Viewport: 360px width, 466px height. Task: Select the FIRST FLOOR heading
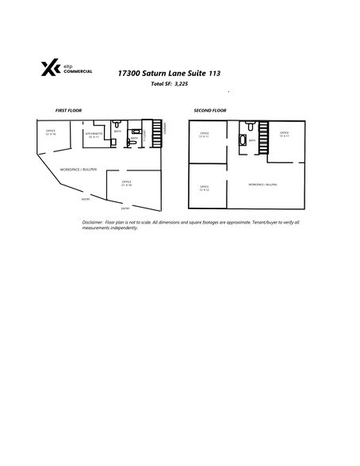pyautogui.click(x=68, y=110)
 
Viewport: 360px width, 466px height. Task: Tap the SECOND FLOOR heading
pyautogui.click(x=210, y=110)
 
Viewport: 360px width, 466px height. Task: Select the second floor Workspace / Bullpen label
pyautogui.click(x=262, y=183)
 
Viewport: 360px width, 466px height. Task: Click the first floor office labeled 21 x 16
pyautogui.click(x=126, y=183)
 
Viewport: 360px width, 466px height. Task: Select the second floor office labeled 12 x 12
pyautogui.click(x=204, y=188)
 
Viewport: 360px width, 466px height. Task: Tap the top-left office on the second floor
pyautogui.click(x=204, y=134)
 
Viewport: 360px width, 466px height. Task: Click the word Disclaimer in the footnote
pyautogui.click(x=93, y=223)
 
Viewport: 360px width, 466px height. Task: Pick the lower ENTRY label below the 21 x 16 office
pyautogui.click(x=125, y=208)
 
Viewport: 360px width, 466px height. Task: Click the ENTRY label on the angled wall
pyautogui.click(x=85, y=198)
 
